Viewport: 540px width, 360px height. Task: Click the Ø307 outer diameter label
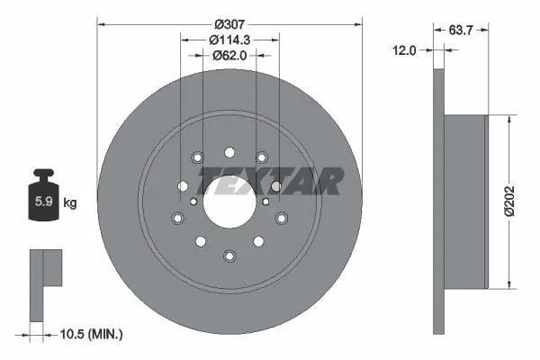tap(229, 24)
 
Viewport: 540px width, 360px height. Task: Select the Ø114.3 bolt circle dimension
tap(229, 40)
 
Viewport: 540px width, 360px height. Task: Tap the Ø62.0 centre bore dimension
tap(229, 55)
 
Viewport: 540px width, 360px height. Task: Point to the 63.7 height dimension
tap(461, 31)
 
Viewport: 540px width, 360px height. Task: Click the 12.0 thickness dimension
tap(404, 50)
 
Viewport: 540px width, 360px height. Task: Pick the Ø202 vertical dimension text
tap(510, 201)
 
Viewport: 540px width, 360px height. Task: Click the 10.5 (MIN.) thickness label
tap(91, 334)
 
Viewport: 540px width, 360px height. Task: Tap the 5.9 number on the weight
tap(44, 202)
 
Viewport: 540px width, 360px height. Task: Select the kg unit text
tap(70, 202)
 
